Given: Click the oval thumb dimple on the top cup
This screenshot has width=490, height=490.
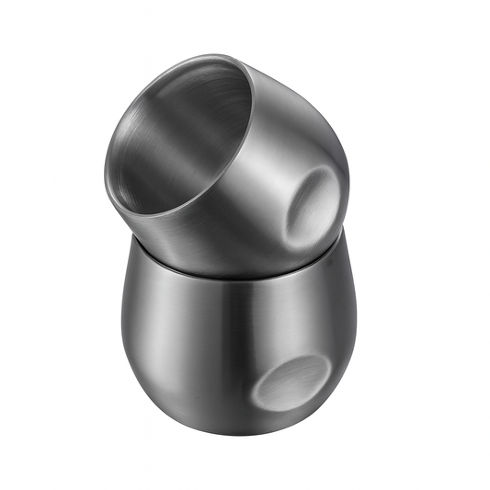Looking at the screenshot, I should (x=310, y=203).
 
